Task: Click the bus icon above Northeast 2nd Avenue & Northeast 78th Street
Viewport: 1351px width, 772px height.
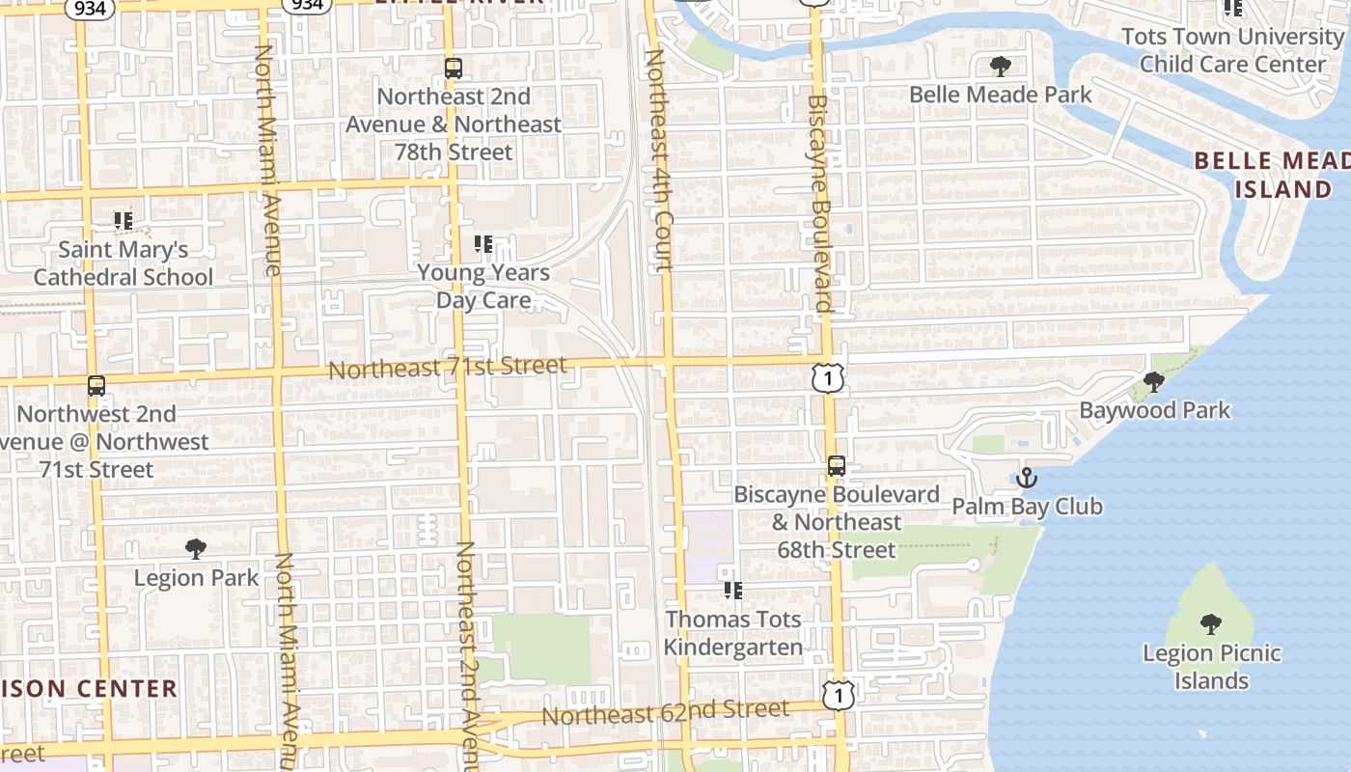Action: pos(453,69)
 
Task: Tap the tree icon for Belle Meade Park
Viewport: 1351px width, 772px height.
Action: pos(1001,67)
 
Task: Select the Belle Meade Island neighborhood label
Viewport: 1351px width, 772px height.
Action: pos(1272,175)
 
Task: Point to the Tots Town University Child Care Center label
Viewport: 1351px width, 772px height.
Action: pos(1232,50)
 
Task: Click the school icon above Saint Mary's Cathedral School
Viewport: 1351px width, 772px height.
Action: pos(123,221)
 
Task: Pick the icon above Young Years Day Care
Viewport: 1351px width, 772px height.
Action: pos(483,245)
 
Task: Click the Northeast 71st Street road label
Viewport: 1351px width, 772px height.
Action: pos(447,368)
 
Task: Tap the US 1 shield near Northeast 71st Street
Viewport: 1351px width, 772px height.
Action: pos(828,377)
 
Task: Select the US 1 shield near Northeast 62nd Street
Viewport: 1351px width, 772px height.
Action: pos(839,694)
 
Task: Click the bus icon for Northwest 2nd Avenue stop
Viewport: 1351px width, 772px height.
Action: pos(96,386)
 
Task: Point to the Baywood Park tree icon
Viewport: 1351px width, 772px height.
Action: pos(1154,382)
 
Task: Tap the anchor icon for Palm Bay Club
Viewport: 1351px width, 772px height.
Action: pos(1027,478)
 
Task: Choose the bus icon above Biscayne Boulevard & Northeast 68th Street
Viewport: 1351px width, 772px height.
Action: pos(837,466)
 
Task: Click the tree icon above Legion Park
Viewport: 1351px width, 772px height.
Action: pos(196,549)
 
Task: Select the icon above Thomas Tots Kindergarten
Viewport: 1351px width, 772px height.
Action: pos(732,590)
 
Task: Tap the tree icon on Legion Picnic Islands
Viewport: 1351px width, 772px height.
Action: pos(1211,623)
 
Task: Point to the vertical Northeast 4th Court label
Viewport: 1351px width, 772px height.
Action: pos(657,160)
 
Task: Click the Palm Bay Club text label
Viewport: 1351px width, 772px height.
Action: pos(1027,507)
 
